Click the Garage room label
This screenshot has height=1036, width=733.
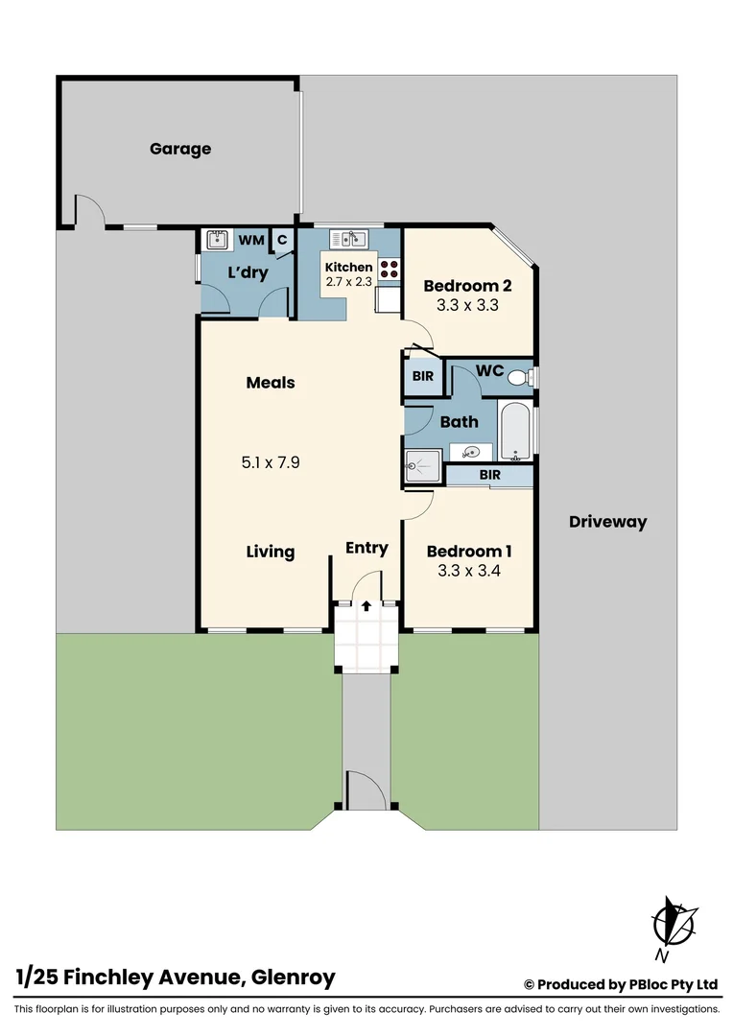pos(180,149)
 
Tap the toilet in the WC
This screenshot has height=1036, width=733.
pos(519,377)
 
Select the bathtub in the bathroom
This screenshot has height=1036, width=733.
pos(515,433)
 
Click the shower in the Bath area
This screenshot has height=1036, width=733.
pos(422,465)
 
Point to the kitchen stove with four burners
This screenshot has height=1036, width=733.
pos(389,270)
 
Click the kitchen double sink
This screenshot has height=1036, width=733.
pos(347,239)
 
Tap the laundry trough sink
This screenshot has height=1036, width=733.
pos(217,240)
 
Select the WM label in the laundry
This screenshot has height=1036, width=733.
pos(251,240)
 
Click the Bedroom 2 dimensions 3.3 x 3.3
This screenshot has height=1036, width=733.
pos(467,306)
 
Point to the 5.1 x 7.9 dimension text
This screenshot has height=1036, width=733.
pos(271,462)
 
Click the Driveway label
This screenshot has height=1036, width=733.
pos(607,522)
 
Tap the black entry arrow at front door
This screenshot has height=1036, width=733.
pos(366,605)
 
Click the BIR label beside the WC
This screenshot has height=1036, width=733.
pos(423,377)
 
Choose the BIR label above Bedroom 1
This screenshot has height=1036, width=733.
pos(490,475)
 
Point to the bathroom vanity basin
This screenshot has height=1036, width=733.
pos(471,453)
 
